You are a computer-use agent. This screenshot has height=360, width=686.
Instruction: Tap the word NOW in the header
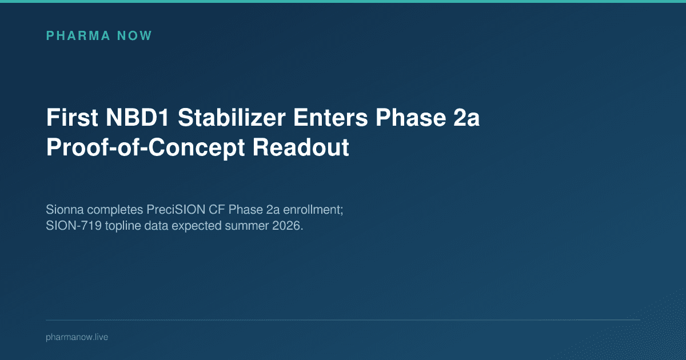135,36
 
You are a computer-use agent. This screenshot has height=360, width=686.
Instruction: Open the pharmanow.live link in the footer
77,337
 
